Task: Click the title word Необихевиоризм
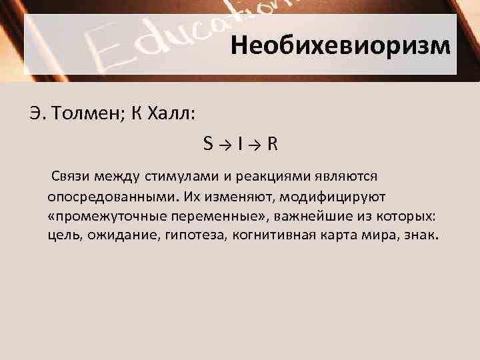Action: point(341,46)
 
